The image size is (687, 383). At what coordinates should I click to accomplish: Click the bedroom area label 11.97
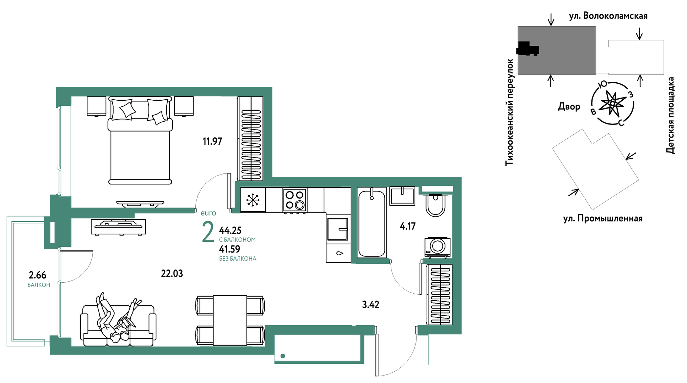212,141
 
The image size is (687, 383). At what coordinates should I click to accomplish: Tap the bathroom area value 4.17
407,226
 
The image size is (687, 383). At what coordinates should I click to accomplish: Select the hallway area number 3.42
370,305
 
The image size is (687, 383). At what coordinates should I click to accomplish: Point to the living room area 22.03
172,273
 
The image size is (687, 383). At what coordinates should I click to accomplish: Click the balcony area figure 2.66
38,275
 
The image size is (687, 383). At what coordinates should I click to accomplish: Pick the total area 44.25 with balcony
230,231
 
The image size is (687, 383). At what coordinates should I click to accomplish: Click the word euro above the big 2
208,213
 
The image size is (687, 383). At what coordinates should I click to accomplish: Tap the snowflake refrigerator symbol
253,200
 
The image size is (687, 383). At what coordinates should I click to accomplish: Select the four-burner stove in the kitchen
295,200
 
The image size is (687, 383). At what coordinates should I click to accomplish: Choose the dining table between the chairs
230,320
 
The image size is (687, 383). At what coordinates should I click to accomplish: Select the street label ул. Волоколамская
608,16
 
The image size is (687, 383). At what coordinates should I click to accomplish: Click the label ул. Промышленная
603,218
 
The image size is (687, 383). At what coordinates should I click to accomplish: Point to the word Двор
569,106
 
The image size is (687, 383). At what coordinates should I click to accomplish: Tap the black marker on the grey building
528,49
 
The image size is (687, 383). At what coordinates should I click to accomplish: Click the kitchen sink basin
337,229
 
